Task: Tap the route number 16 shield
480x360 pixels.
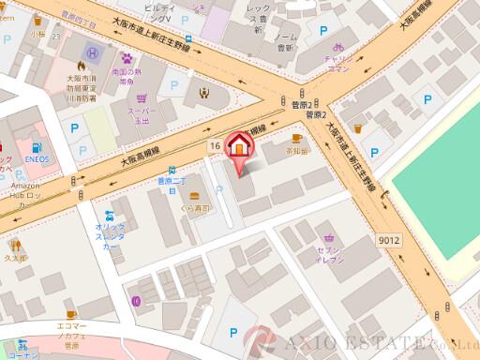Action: tap(216, 145)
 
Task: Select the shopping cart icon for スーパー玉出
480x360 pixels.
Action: tap(142, 97)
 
